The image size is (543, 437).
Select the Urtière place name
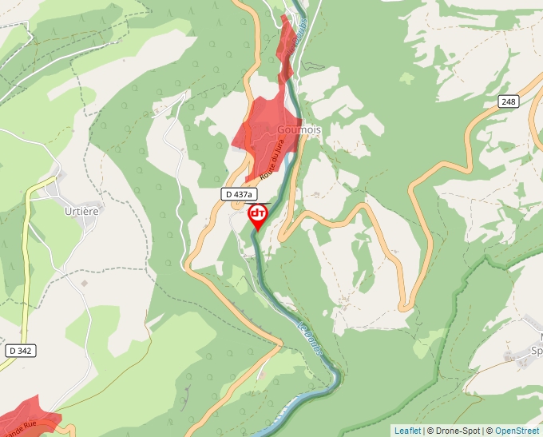[x=81, y=210]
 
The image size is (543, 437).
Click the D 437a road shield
[x=238, y=194]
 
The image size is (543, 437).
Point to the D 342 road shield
[x=22, y=351]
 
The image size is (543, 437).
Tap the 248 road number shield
[x=509, y=101]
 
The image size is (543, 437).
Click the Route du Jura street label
[x=272, y=159]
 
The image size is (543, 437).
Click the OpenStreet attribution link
[x=517, y=431]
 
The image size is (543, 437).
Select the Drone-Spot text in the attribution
[x=458, y=431]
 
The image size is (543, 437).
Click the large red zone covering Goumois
[x=264, y=132]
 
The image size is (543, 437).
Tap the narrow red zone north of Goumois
[x=285, y=48]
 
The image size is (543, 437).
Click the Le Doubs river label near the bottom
[x=311, y=343]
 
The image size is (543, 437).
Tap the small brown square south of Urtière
[x=84, y=283]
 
